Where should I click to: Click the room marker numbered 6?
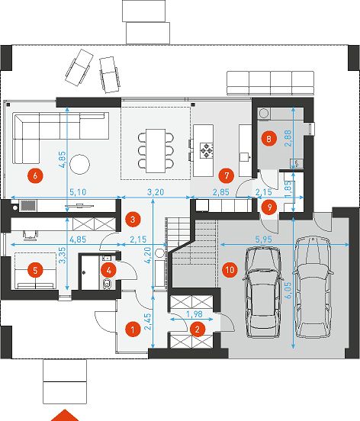pyautogui.click(x=35, y=176)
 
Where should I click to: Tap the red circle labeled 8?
pyautogui.click(x=268, y=139)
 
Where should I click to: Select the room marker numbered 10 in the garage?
pyautogui.click(x=230, y=269)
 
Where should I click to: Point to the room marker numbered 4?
pyautogui.click(x=109, y=270)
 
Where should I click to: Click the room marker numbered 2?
pyautogui.click(x=198, y=329)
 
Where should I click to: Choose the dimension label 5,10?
pyautogui.click(x=78, y=192)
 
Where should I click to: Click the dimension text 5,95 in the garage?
pyautogui.click(x=263, y=239)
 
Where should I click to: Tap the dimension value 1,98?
pyautogui.click(x=194, y=313)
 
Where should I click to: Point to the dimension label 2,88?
pyautogui.click(x=288, y=138)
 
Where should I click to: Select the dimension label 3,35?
pyautogui.click(x=62, y=256)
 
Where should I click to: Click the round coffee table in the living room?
pyautogui.click(x=79, y=164)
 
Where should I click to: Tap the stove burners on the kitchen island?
pyautogui.click(x=206, y=150)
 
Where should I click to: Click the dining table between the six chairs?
pyautogui.click(x=156, y=151)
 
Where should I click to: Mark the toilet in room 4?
pyautogui.click(x=107, y=284)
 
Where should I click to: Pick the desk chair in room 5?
pyautogui.click(x=31, y=234)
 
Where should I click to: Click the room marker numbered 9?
pyautogui.click(x=268, y=207)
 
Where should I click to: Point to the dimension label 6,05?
pyautogui.click(x=288, y=291)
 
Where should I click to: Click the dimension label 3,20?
pyautogui.click(x=156, y=192)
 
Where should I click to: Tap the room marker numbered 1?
pyautogui.click(x=133, y=329)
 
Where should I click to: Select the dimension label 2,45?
pyautogui.click(x=148, y=320)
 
